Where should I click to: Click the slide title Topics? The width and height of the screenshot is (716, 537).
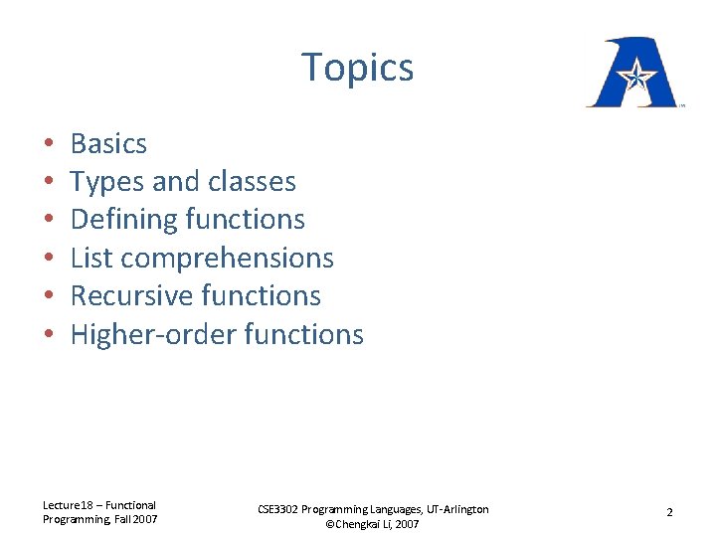pyautogui.click(x=358, y=68)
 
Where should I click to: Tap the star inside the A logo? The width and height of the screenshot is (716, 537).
pyautogui.click(x=635, y=73)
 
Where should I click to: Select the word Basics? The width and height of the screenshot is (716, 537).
pyautogui.click(x=108, y=144)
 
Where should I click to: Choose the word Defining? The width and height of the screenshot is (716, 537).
pyautogui.click(x=117, y=220)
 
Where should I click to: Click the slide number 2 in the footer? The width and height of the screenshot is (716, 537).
pyautogui.click(x=669, y=513)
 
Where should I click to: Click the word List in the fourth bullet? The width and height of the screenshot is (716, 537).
pyautogui.click(x=90, y=258)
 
